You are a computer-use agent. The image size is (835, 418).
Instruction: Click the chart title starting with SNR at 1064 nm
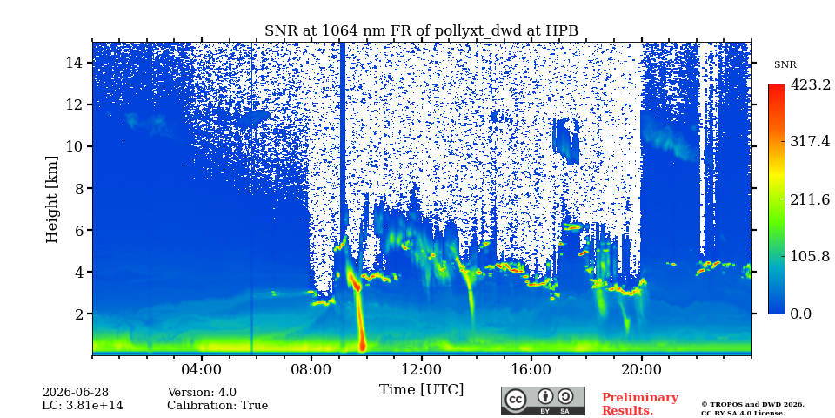pos(421,31)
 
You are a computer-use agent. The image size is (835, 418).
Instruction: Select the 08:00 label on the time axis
pos(311,369)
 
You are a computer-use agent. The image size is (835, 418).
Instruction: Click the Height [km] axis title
pos(51,199)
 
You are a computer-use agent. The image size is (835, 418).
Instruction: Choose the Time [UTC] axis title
pos(421,389)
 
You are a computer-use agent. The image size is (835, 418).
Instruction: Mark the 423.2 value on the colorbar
pos(810,84)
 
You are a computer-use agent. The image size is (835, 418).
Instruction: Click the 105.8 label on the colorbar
pos(810,256)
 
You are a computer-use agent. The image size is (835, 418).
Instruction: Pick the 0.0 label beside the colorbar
pos(800,313)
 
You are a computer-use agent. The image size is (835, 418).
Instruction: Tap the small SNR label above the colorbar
pos(785,65)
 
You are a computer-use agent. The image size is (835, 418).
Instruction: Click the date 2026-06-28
pos(76,393)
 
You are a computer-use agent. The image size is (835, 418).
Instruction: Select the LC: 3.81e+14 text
pos(83,406)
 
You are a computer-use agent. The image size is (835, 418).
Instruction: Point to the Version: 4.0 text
pos(202,393)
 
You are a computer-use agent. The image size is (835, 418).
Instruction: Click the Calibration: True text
pos(217,406)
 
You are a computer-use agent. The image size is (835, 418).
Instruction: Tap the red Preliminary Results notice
pos(640,404)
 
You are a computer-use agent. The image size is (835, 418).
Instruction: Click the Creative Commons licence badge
pos(543,401)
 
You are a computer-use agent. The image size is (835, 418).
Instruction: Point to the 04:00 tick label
pos(202,369)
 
